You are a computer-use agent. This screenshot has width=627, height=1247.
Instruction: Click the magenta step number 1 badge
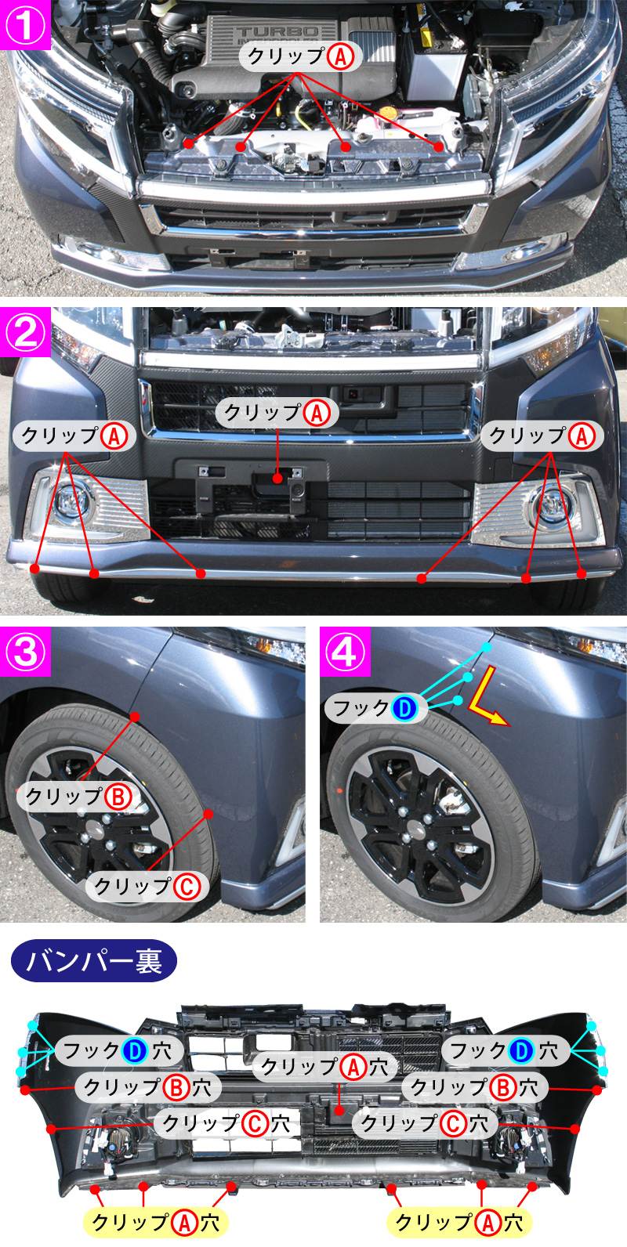coord(25,25)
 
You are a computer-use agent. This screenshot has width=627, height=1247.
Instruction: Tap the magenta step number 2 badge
coord(25,332)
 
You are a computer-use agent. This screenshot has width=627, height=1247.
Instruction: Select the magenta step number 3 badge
coord(25,652)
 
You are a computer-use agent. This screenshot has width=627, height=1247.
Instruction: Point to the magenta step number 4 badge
coord(345,652)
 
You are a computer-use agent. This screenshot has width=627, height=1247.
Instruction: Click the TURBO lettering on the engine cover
coord(277,32)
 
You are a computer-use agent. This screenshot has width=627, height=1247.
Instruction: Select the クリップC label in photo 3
coord(147,886)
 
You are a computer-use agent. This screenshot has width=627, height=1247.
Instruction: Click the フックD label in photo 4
coord(376,708)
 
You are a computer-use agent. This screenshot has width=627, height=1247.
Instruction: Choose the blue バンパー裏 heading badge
coord(94,961)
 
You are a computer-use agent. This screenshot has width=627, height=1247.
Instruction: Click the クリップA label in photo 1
coord(301,56)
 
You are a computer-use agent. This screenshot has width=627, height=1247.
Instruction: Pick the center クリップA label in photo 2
coord(277,413)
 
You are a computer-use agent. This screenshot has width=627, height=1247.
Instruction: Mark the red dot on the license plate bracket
coord(277,479)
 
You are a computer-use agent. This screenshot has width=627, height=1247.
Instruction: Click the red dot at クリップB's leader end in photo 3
coord(135,717)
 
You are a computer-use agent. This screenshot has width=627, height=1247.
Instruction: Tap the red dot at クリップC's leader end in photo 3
coord(208,814)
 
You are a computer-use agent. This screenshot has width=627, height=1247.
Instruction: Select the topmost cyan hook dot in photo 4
coord(487,647)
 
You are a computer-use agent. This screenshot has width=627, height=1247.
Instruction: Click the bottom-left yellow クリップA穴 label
coord(155,1222)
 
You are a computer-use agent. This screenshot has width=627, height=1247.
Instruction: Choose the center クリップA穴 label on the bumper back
coord(325,1067)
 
